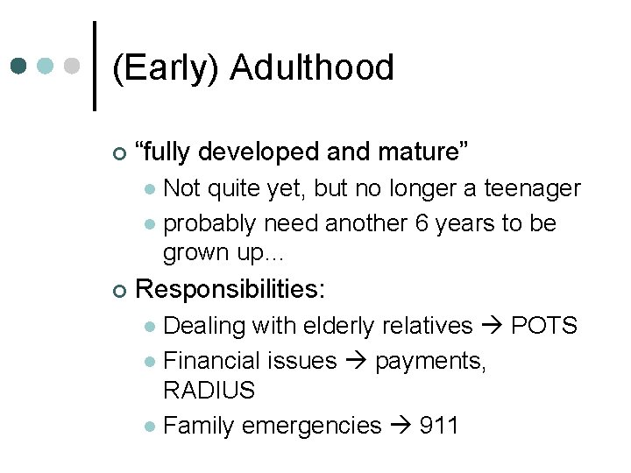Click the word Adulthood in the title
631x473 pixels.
[312, 68]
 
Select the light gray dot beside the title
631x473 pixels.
[73, 66]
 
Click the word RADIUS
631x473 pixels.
[209, 391]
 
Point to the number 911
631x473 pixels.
[439, 426]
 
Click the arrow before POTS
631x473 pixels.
[492, 326]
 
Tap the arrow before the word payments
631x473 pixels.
[356, 361]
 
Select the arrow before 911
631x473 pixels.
[401, 426]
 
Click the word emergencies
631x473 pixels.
[311, 427]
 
